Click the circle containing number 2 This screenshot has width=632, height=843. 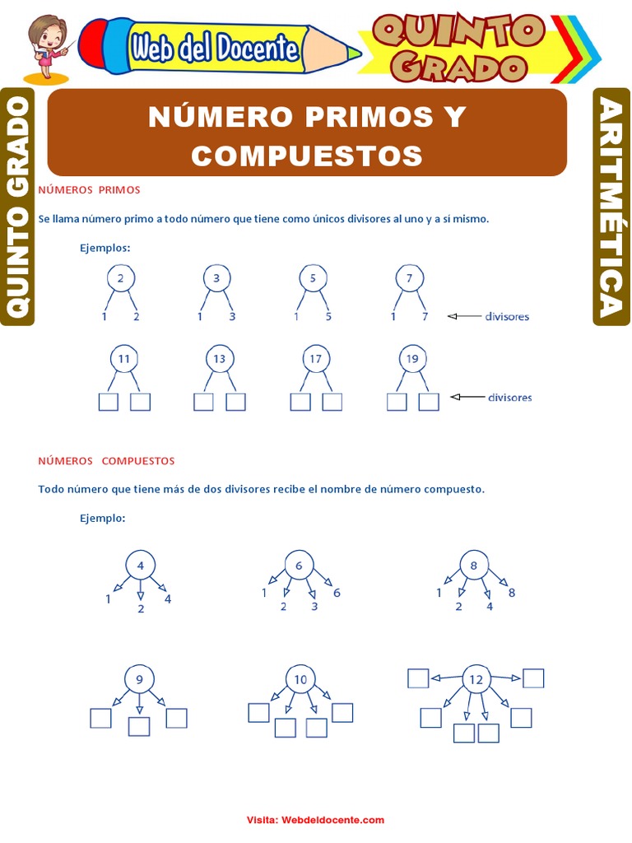pos(120,278)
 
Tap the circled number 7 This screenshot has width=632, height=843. pos(409,278)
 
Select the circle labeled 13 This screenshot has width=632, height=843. pos(218,358)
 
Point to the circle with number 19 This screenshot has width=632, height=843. pos(412,358)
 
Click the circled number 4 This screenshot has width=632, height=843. pos(141,566)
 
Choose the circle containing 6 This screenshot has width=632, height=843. pos(299,566)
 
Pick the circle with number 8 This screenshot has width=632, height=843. pos(474,566)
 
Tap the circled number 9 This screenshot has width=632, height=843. pos(140,679)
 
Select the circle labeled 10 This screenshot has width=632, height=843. pos(300,679)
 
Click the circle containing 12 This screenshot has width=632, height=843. pos(476,679)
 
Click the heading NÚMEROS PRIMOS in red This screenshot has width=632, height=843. pos(90,190)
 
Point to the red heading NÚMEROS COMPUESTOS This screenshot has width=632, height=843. pos(107,461)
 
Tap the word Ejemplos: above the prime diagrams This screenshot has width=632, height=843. pos(105,247)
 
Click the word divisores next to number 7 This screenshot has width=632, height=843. pos(507,316)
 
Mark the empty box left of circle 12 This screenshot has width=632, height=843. pos(418,678)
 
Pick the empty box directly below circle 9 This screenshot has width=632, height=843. pos(140,726)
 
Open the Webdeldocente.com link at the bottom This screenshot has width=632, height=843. pos(332,820)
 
